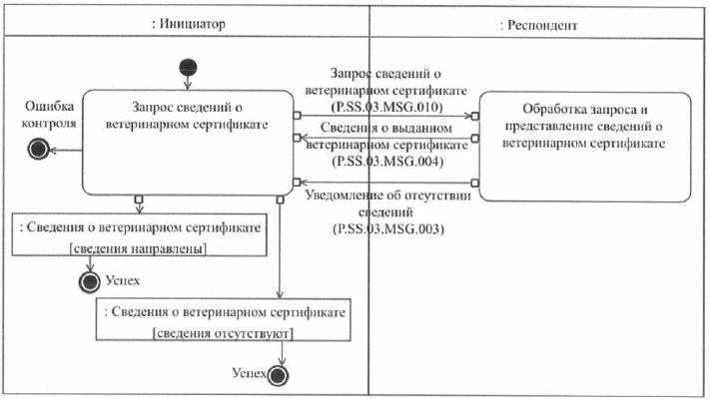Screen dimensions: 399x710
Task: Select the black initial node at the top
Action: (x=189, y=68)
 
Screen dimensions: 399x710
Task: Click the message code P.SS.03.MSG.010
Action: (x=392, y=104)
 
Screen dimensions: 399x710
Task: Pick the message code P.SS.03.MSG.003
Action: (x=392, y=228)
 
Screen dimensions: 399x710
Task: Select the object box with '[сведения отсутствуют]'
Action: (x=226, y=319)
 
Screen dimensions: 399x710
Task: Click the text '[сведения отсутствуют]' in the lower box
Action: (x=226, y=331)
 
